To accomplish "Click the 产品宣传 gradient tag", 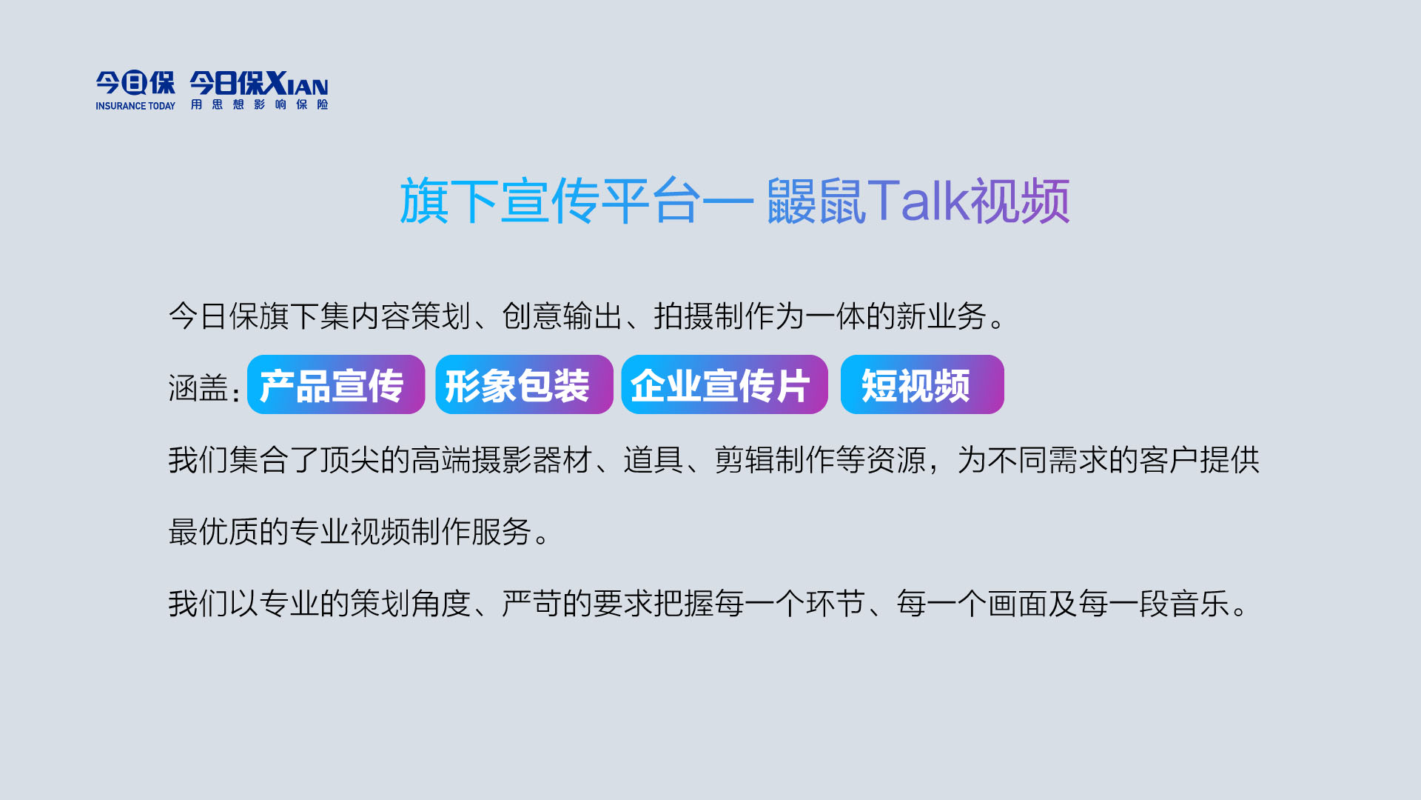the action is tap(336, 384).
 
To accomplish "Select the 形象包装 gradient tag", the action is tap(524, 384).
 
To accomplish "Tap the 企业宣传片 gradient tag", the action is tap(725, 384).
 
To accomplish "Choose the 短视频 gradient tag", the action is tap(922, 384).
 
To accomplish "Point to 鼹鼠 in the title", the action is tap(816, 201).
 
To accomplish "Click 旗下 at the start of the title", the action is tap(450, 201).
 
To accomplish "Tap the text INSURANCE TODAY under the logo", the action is tap(135, 106).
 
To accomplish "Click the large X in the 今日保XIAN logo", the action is tap(276, 83).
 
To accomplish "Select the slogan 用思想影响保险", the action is tap(259, 104).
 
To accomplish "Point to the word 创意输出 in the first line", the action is tap(562, 316).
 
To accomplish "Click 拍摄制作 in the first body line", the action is tap(714, 316).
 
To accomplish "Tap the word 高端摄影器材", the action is tap(502, 460).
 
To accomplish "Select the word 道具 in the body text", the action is tap(654, 460).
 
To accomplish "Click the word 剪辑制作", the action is tap(775, 460).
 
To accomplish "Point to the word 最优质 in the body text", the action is tap(213, 532).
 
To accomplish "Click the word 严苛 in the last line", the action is tap(532, 604).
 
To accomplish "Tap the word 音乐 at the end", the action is tap(1200, 604).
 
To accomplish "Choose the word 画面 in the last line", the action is tap(1018, 604).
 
